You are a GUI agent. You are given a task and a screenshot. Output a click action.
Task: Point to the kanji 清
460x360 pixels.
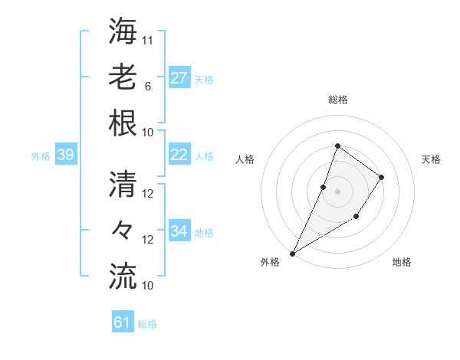[123, 185]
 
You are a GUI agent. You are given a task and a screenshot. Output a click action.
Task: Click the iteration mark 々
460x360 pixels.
[123, 231]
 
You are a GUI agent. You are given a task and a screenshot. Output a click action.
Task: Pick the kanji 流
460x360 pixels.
[123, 276]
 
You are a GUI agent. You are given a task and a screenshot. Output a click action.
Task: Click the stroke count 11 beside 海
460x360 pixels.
[148, 40]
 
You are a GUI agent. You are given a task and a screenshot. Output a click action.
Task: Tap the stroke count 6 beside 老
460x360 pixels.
[148, 86]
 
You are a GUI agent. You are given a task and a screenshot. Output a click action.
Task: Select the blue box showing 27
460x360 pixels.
[179, 77]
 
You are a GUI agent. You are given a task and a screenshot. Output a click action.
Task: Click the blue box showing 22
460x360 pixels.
[179, 154]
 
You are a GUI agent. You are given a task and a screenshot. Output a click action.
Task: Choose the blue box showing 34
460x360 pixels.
[179, 231]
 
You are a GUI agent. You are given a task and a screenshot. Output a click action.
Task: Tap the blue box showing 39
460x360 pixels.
[65, 155]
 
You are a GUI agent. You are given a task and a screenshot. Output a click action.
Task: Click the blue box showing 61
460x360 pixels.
[122, 322]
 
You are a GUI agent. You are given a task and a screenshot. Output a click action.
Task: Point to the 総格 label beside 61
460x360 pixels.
[147, 324]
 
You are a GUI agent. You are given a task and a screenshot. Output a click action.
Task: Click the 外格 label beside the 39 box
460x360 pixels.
[41, 156]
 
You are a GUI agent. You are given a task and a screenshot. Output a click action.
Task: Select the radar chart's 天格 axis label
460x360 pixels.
[432, 159]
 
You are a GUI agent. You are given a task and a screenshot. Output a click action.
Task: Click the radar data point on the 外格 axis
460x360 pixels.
[292, 253]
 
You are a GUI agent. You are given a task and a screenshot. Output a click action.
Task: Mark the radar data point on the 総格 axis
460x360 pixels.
[337, 146]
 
